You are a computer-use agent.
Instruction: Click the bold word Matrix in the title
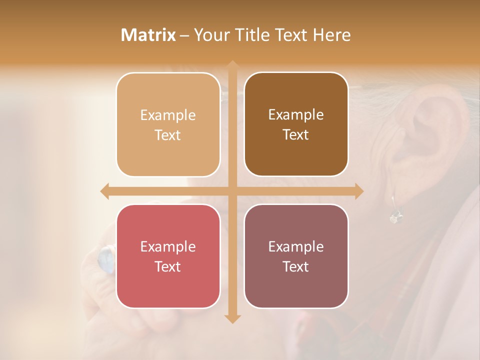pos(148,35)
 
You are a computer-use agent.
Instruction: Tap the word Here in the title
pos(331,35)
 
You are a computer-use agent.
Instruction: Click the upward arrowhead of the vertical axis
pos(232,65)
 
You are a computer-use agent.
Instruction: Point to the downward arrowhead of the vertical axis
pos(232,318)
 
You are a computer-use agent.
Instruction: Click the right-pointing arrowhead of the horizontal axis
pos(358,191)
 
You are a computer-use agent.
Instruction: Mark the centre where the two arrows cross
pos(232,191)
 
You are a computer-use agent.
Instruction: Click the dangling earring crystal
pos(395,216)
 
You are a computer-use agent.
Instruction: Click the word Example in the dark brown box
pos(296,115)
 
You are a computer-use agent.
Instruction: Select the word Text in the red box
pos(168,266)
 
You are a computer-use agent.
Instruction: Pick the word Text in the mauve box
pos(296,266)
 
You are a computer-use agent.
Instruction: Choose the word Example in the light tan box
pos(168,115)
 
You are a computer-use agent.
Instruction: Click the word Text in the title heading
pos(290,35)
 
